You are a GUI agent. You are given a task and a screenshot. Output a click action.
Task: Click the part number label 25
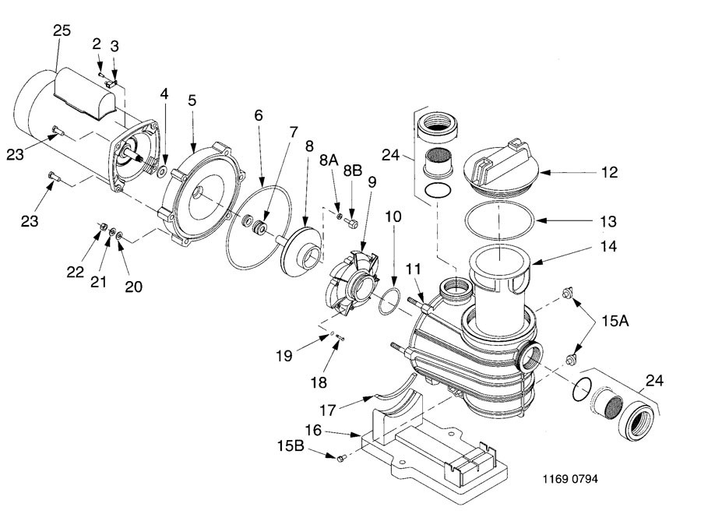tap(62, 30)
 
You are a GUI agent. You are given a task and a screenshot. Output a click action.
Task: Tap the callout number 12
tap(609, 172)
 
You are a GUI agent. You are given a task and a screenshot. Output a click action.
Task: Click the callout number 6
tap(258, 114)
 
